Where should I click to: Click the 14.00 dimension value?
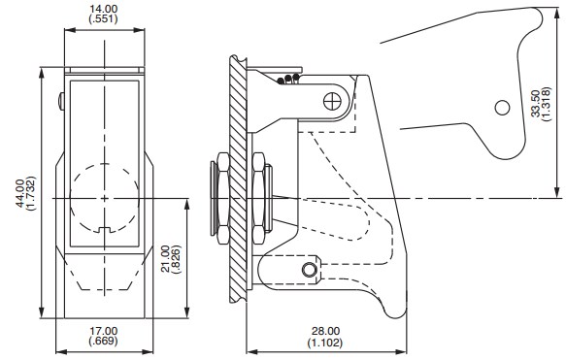point(104,9)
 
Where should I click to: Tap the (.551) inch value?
point(104,19)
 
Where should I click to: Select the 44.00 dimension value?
point(20,193)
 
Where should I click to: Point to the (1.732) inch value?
point(31,193)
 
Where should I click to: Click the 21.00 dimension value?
point(165,259)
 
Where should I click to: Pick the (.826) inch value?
point(176,259)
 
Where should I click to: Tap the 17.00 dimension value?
point(104,331)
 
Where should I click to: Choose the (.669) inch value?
point(104,341)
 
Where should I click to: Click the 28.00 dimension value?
point(325,331)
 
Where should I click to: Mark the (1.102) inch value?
point(325,343)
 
